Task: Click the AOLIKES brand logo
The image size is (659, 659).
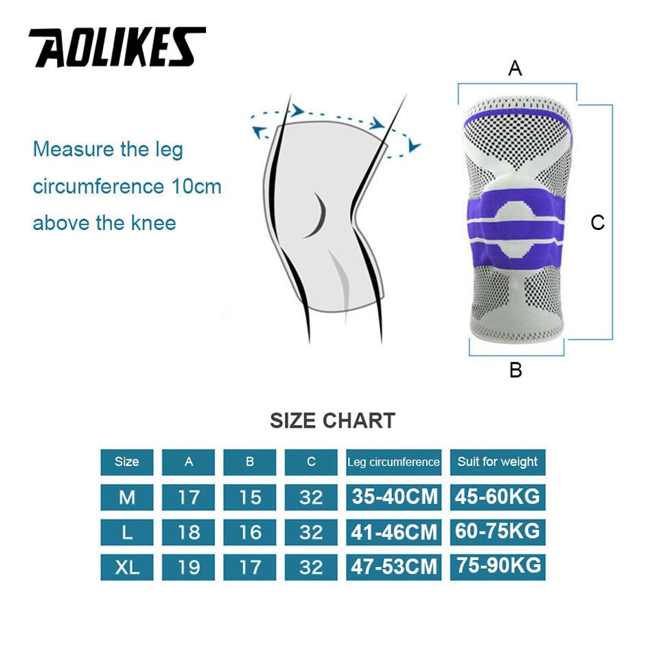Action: pos(117,47)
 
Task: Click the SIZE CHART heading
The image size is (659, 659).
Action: pos(332,420)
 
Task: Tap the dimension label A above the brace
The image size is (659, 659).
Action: pos(515,69)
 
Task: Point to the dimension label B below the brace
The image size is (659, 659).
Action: pos(516,371)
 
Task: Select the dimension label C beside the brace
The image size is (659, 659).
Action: pos(598,222)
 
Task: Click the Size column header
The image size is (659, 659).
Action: pos(126,462)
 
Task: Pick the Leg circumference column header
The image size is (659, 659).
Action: pos(393,462)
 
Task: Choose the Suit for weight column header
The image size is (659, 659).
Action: pos(498,462)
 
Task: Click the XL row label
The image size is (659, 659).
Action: pos(126,567)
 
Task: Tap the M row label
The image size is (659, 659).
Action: pos(126,497)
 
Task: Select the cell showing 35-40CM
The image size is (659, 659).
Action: pos(394,497)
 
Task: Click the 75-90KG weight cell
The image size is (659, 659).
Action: pos(498,566)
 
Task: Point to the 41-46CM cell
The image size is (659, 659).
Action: pos(394,532)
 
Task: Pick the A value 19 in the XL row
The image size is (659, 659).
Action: pos(188,567)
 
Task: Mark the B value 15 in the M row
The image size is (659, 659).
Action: pos(250,497)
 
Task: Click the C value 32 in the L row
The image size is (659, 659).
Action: pos(311,532)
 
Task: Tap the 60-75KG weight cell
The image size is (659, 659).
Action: pos(498,531)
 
